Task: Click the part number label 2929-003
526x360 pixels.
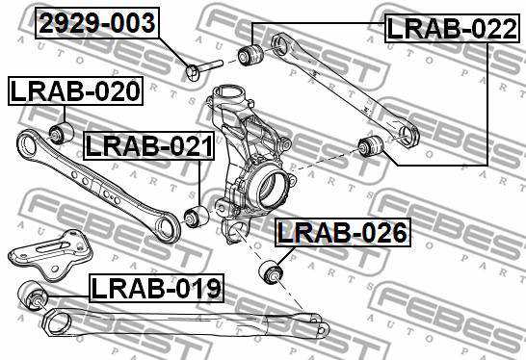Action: [x=97, y=23]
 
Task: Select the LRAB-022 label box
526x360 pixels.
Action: [x=452, y=29]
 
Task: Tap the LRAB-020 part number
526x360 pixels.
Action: [x=75, y=91]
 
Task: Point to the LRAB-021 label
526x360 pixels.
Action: [x=149, y=145]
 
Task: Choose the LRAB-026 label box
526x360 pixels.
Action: [x=343, y=232]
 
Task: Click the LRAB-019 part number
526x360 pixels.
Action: [x=156, y=288]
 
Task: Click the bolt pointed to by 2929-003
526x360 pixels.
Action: [x=203, y=68]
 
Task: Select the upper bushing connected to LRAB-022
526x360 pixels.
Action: [x=250, y=54]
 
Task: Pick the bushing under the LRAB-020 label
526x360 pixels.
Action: [x=62, y=133]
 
